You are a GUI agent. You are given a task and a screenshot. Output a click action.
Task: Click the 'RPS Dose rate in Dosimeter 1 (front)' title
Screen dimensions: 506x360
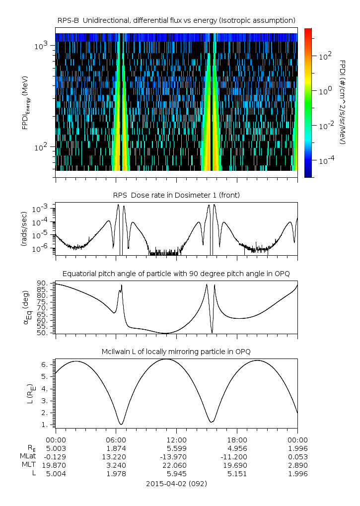pos(176,195)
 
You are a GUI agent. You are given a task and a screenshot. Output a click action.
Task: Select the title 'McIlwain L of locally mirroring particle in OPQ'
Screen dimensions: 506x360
pos(176,352)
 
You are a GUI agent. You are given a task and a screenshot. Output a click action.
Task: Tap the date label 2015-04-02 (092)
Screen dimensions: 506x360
pos(176,483)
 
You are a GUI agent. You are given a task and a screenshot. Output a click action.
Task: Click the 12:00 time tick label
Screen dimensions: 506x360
pos(176,440)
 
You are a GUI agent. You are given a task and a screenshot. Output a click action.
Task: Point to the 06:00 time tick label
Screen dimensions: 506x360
pos(116,440)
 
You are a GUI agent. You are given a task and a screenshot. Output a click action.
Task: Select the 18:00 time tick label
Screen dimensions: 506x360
pos(237,440)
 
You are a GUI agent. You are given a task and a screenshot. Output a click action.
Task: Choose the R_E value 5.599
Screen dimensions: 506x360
pos(176,448)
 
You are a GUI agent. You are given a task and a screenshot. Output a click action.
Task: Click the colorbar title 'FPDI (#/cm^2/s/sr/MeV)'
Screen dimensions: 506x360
pos(343,102)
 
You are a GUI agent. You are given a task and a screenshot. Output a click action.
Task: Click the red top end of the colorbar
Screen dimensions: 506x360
pos(308,31)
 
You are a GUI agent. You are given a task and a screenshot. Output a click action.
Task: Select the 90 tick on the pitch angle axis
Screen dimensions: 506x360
pos(45,283)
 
